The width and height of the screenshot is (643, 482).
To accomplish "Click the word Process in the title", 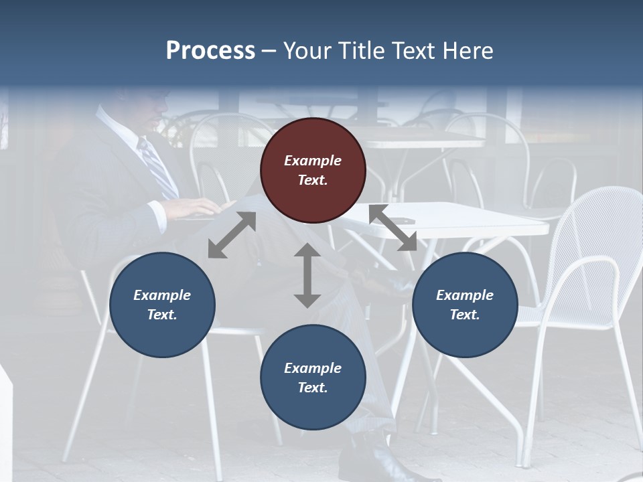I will [210, 51].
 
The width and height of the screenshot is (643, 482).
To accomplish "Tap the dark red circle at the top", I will [313, 170].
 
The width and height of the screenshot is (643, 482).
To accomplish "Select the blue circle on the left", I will [162, 305].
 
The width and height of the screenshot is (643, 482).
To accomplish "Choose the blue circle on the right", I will [465, 305].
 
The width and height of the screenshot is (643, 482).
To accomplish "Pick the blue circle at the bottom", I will [313, 378].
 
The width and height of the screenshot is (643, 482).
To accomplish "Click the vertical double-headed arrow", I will [307, 275].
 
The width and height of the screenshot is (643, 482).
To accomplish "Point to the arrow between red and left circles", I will [232, 235].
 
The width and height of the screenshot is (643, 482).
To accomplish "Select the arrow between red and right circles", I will [393, 228].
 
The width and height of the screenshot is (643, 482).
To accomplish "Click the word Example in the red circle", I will [313, 161].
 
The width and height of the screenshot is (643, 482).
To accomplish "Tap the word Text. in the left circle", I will [162, 315].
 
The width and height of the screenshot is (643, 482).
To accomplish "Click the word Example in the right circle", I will [465, 295].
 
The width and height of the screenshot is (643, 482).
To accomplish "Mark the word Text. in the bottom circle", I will [313, 388].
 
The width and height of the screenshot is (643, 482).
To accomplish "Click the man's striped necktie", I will [157, 167].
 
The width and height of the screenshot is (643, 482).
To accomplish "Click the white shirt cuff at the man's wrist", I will [159, 216].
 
